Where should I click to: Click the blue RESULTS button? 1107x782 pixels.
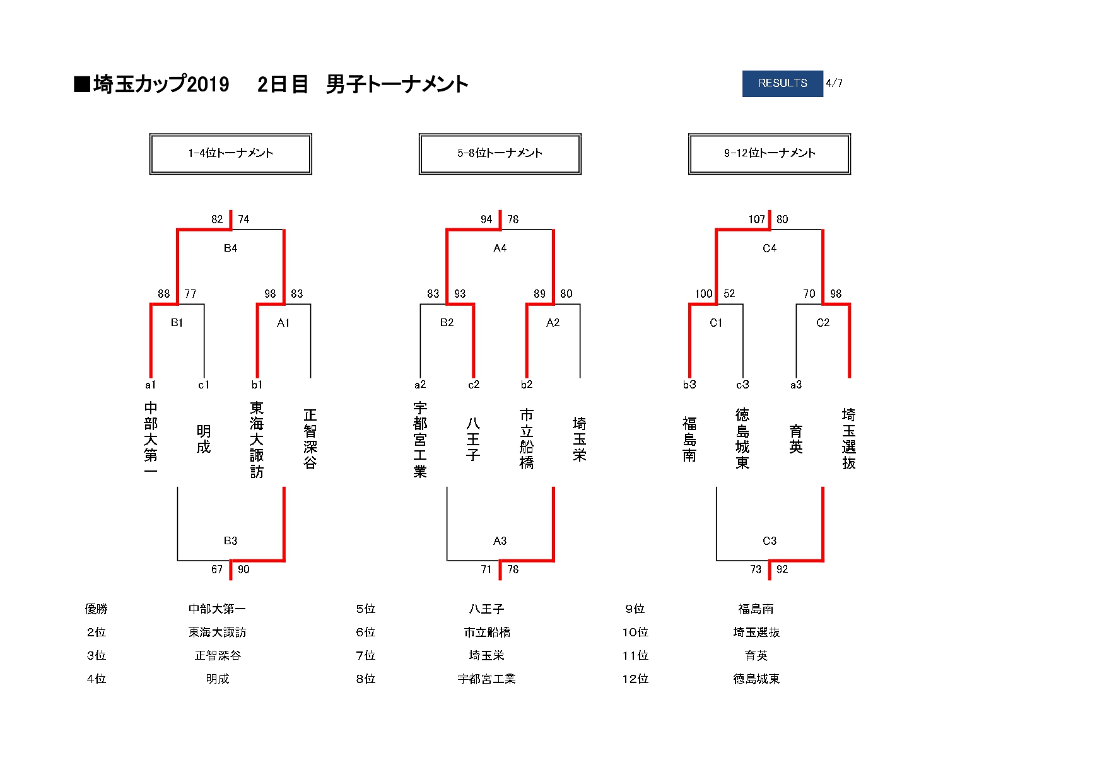(x=782, y=83)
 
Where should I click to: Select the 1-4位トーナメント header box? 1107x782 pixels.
(x=231, y=153)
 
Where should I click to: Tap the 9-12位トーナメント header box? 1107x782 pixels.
(x=770, y=153)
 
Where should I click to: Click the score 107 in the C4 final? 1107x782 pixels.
(x=756, y=219)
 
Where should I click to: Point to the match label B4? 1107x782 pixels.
(x=230, y=248)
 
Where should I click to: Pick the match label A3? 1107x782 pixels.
(x=500, y=541)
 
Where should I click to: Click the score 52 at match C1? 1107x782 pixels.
(x=729, y=294)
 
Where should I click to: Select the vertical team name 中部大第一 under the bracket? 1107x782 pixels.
(x=151, y=439)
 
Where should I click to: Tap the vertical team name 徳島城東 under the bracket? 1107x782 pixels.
(x=742, y=439)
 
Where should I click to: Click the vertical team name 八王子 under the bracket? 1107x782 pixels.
(x=473, y=439)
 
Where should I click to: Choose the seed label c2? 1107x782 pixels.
(x=474, y=385)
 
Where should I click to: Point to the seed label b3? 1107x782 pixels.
(x=689, y=385)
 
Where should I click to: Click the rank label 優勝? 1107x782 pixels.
(x=97, y=609)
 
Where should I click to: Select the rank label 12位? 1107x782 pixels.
(x=635, y=679)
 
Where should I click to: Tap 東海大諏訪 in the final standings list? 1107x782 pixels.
(x=218, y=633)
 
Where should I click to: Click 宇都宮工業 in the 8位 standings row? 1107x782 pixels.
(x=487, y=679)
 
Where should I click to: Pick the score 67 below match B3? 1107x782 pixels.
(x=217, y=569)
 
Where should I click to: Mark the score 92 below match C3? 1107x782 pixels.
(x=782, y=569)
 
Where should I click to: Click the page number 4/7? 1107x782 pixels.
(x=835, y=83)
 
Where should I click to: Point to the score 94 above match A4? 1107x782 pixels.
(x=486, y=219)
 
